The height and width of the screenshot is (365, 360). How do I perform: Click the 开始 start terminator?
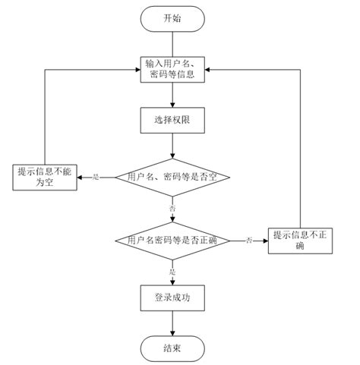(173, 18)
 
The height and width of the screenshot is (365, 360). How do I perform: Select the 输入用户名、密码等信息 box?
(173, 69)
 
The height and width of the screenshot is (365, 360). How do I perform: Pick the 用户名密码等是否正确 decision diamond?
(173, 241)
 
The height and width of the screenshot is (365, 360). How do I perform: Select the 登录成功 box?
(173, 297)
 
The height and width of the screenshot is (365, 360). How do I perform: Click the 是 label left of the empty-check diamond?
(96, 177)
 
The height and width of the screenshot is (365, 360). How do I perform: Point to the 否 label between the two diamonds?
(173, 207)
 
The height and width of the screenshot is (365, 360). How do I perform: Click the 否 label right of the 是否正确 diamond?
(248, 241)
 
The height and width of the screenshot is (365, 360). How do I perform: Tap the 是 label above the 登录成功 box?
(173, 271)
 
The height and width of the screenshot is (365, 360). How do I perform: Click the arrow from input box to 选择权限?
(173, 94)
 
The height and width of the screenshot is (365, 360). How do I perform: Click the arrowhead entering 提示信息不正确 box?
(266, 241)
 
